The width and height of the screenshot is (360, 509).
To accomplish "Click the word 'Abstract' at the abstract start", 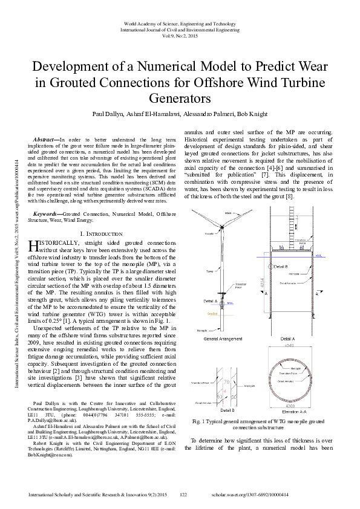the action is pos(47,140).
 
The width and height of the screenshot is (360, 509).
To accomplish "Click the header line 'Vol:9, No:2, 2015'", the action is pos(180,35).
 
